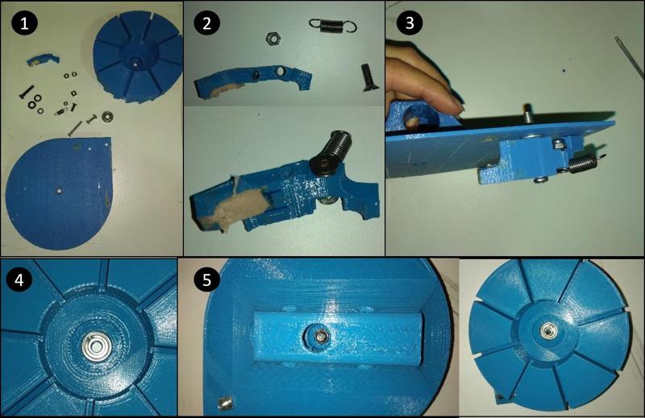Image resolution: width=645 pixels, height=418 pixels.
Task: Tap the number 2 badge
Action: tap(207, 23)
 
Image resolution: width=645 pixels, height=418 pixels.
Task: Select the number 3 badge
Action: tap(410, 23)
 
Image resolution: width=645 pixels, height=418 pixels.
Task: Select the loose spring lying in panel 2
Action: tap(331, 27)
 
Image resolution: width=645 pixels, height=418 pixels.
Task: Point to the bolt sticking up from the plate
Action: tap(529, 112)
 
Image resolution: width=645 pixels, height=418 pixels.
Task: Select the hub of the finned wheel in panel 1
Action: tap(132, 59)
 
